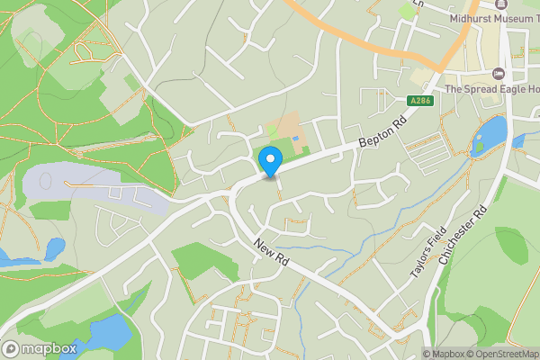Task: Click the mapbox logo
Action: point(40,348)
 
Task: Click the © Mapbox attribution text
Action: point(441,354)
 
